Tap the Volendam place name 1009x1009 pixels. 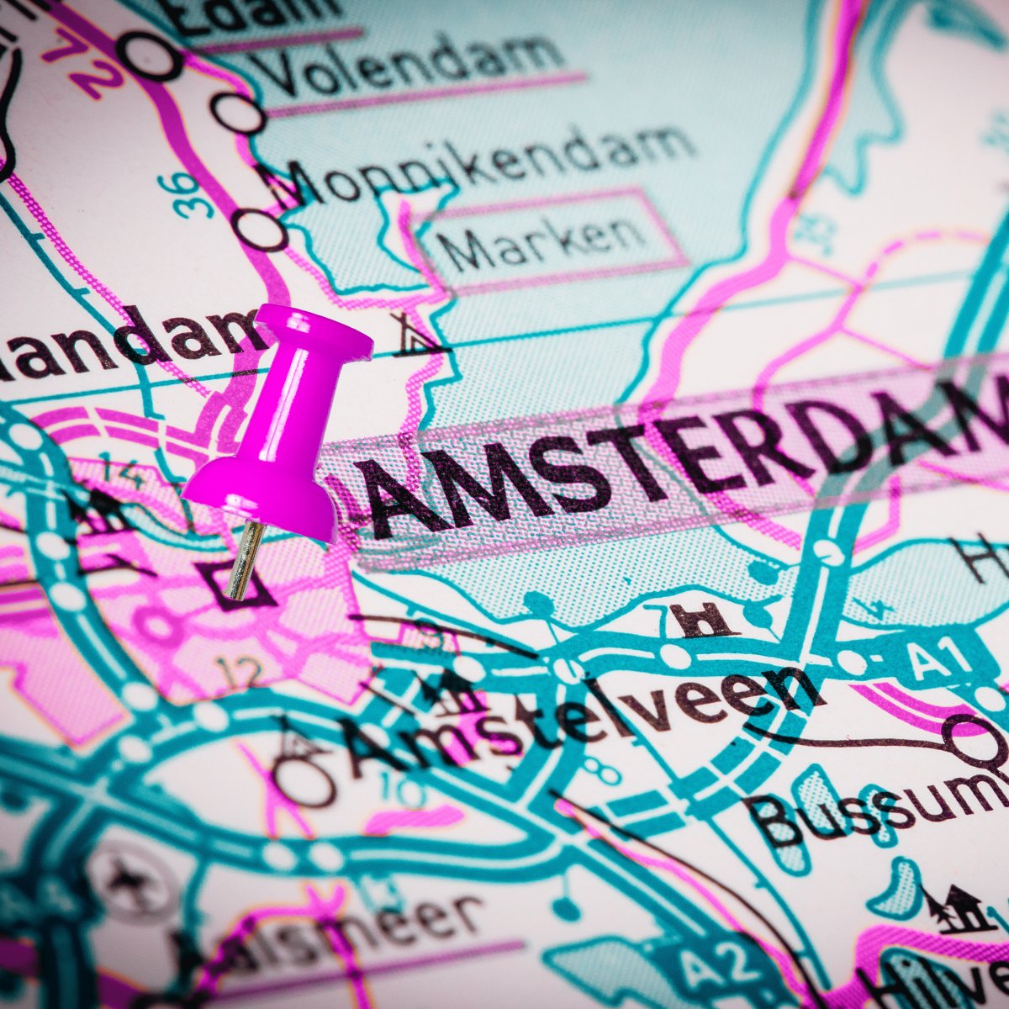(x=412, y=63)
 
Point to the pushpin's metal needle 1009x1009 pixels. (x=244, y=559)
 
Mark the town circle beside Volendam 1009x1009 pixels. (x=238, y=114)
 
